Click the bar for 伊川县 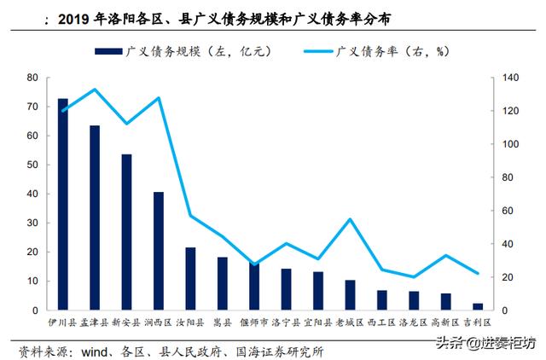[x=62, y=204]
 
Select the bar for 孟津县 [x=95, y=218]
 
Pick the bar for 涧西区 [x=159, y=251]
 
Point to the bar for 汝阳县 [x=190, y=278]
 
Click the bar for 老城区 [x=350, y=294]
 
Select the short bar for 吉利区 [x=478, y=306]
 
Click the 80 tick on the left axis [x=32, y=78]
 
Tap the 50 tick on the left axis [x=32, y=165]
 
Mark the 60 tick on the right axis [x=505, y=211]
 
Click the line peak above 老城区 [x=350, y=219]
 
